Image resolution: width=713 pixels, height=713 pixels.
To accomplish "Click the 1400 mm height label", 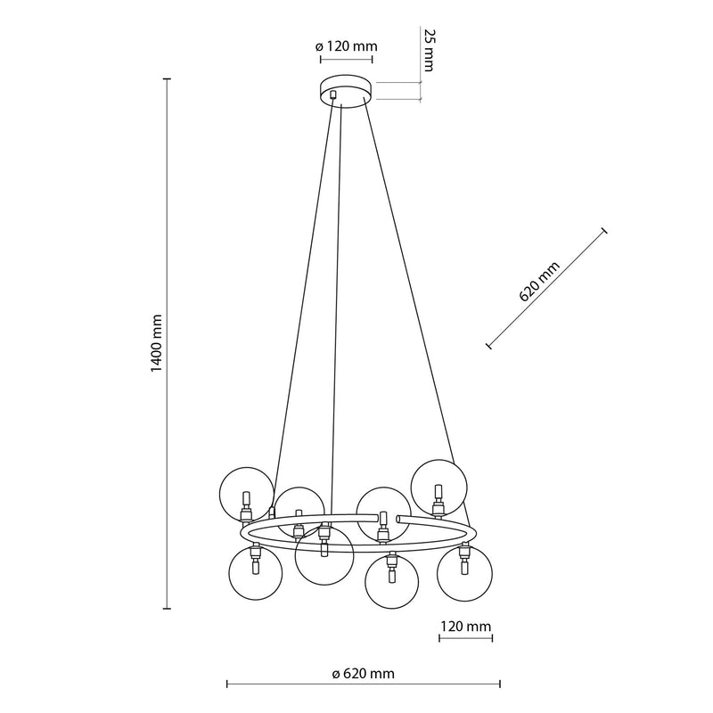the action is [156, 343].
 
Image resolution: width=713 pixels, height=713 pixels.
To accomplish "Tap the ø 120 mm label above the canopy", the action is [346, 46].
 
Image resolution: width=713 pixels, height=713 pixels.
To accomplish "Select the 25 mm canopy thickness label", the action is [429, 50].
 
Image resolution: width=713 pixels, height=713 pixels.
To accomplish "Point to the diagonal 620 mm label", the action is [539, 282].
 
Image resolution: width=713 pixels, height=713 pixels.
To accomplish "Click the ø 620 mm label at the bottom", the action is [363, 674].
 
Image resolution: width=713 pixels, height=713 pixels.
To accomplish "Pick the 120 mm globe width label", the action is [465, 627].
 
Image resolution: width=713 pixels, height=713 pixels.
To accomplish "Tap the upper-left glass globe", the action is [247, 495].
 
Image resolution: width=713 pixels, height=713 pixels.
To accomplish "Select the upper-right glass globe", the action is [438, 488].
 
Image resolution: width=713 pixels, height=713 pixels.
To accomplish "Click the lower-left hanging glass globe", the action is [255, 572].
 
